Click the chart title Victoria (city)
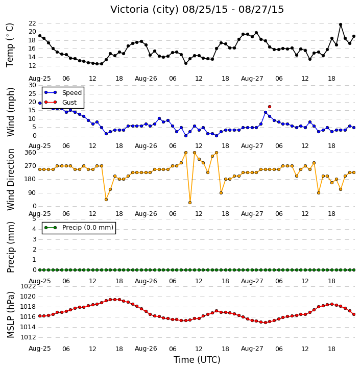coord(145,10)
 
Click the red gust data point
coord(270,107)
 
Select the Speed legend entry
coord(63,92)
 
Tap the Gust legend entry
coord(60,102)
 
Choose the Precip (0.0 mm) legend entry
coord(79,228)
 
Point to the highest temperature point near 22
coord(341,24)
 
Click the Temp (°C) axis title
coord(10,45)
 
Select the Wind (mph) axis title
coord(10,112)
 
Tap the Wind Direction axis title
coord(10,179)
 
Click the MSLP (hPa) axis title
coord(10,315)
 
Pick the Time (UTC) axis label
coord(197,360)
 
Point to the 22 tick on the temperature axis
coord(32,23)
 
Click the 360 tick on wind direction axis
coord(31,153)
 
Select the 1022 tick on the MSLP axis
coord(28,286)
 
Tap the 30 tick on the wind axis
coord(32,85)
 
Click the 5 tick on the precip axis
coord(34,219)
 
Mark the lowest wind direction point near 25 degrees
coord(190,203)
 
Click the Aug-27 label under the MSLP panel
coord(252,349)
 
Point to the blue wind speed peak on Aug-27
coord(266,113)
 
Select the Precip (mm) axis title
coord(10,247)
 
